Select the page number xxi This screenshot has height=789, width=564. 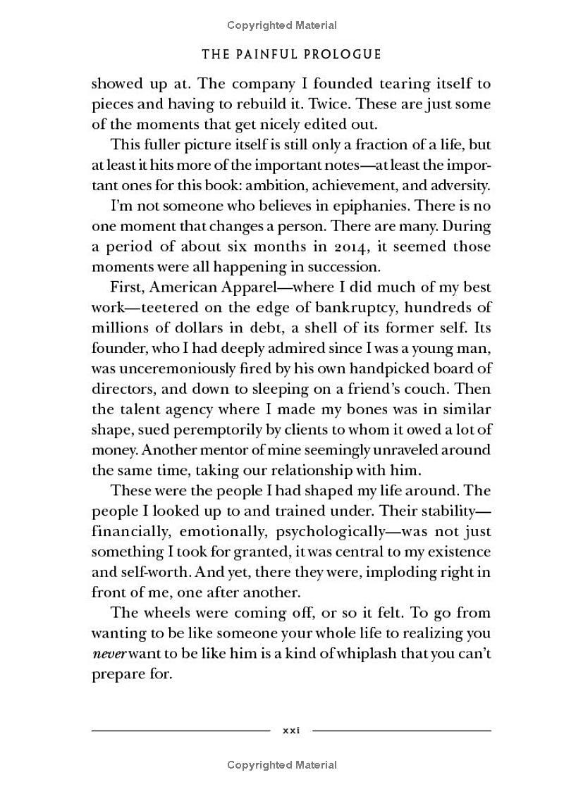(291, 731)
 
